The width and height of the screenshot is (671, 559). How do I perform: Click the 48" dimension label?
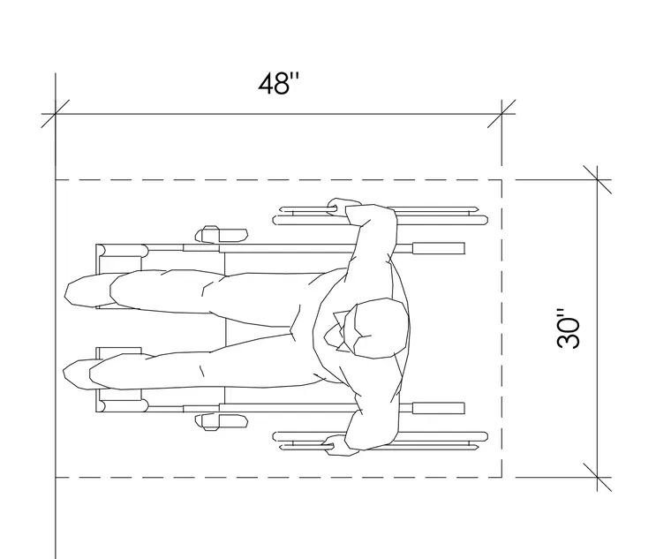click(279, 83)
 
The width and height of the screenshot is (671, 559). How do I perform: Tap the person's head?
click(377, 328)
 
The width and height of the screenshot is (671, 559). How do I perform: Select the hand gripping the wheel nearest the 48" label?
click(343, 207)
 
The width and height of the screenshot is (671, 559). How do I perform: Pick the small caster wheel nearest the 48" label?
click(222, 235)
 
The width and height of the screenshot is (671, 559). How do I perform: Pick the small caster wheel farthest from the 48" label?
click(222, 422)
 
